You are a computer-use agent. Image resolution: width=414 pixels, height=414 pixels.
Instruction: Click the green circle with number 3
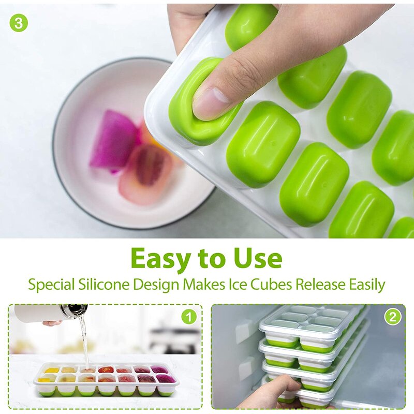19,23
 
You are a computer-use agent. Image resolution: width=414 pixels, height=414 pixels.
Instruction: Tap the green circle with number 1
189,316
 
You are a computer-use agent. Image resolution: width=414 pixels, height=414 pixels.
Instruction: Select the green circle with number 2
392,316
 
